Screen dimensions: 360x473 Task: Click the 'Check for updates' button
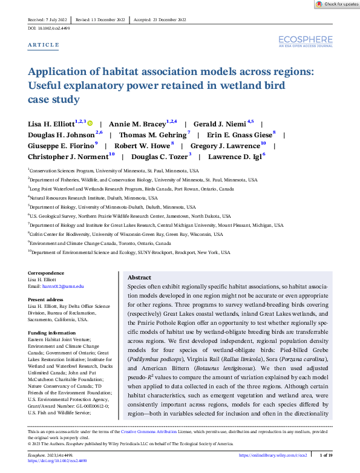(337, 4)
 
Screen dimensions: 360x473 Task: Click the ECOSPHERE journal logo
(306, 41)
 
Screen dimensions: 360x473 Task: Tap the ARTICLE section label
(44, 45)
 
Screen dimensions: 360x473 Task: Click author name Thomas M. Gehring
(152, 135)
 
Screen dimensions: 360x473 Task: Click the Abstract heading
(139, 276)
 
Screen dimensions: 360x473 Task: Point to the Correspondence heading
(46, 274)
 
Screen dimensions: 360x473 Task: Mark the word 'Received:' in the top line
(38, 19)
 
